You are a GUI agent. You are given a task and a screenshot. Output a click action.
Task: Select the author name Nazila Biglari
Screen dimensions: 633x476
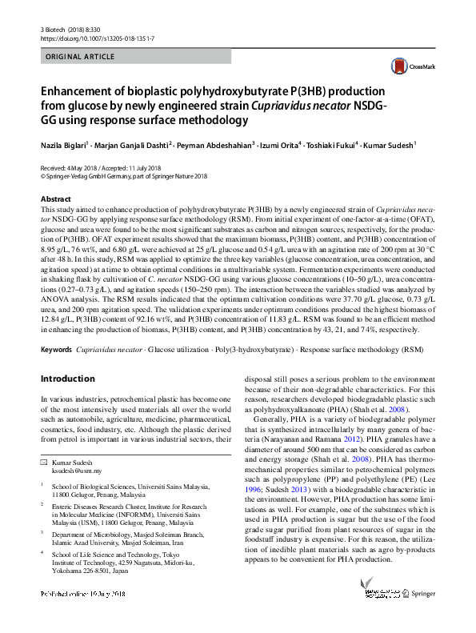coord(66,145)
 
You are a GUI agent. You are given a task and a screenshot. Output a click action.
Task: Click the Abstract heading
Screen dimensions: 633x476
coord(55,198)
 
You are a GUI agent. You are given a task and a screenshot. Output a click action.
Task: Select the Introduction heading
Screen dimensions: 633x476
coord(69,378)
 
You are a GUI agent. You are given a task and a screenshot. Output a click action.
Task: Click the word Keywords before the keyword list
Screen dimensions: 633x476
coord(56,350)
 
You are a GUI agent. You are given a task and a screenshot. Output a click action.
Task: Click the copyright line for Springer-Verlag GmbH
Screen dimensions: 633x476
coord(123,177)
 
